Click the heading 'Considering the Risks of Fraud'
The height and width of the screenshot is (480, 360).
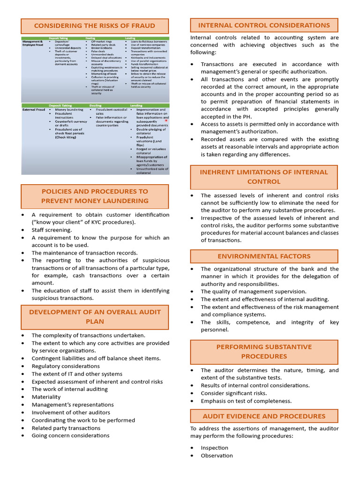click(95, 26)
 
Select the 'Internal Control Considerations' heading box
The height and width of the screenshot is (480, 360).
click(264, 25)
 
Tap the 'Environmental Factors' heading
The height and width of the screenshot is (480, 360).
click(264, 256)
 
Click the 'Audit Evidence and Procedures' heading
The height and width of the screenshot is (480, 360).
click(264, 416)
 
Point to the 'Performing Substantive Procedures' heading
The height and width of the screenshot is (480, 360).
click(264, 352)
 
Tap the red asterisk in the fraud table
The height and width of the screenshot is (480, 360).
click(166, 120)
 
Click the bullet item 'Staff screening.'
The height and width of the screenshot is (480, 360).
click(52, 230)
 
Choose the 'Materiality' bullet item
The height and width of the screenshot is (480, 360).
click(46, 397)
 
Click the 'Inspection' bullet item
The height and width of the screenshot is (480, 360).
click(214, 448)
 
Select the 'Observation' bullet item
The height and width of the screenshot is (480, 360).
click(217, 455)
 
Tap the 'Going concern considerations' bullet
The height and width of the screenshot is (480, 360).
click(70, 435)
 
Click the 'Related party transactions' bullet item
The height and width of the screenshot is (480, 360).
click(66, 427)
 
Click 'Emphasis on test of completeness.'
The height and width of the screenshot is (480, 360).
click(246, 401)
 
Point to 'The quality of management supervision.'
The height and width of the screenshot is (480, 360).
click(254, 291)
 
